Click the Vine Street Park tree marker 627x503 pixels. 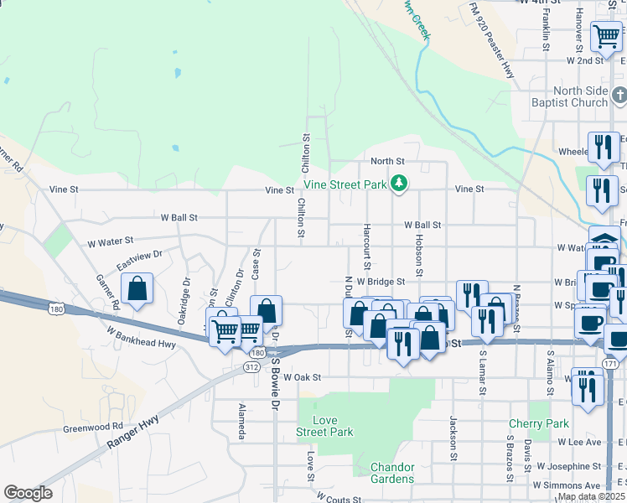pos(400,183)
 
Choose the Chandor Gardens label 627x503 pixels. pos(392,473)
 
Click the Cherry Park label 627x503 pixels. pos(539,424)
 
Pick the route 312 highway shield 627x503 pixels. pos(251,367)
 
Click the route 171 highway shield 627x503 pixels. pos(609,364)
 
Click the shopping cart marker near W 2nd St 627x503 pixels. pos(606,36)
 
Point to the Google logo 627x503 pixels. pos(28,493)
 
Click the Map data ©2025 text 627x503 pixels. pos(591,496)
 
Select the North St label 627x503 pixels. pos(387,161)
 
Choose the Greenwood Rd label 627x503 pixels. pos(92,428)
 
